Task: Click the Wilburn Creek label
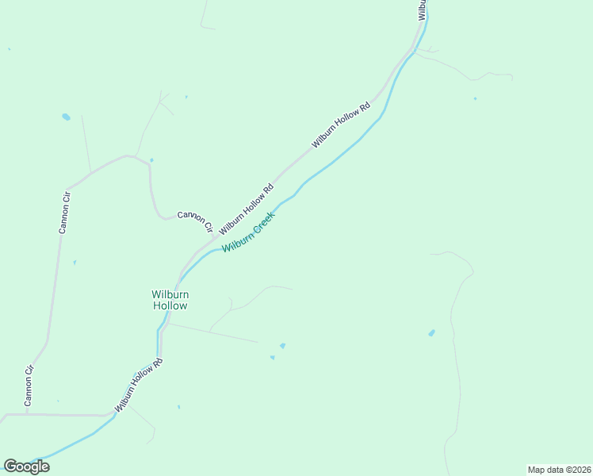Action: [249, 232]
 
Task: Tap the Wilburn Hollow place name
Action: [170, 300]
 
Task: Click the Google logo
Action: [26, 466]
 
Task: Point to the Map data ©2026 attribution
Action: [559, 470]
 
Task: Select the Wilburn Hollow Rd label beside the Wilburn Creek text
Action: [247, 209]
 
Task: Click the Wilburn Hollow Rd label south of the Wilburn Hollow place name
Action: [139, 385]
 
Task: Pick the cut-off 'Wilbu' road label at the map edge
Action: [423, 10]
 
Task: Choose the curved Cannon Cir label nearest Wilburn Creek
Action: [196, 221]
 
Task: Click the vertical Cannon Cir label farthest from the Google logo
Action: [65, 211]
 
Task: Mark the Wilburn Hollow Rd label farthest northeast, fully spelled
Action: [341, 125]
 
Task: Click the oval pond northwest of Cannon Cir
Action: [66, 117]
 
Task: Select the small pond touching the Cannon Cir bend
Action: [151, 160]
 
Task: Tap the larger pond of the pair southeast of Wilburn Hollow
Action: [282, 346]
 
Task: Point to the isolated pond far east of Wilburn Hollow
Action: [431, 333]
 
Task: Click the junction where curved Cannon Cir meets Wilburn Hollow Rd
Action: [214, 236]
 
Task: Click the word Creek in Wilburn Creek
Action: [264, 223]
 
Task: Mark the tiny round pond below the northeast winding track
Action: [475, 98]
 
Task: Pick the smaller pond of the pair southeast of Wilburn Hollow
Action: [272, 357]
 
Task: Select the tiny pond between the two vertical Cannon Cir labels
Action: [75, 263]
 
